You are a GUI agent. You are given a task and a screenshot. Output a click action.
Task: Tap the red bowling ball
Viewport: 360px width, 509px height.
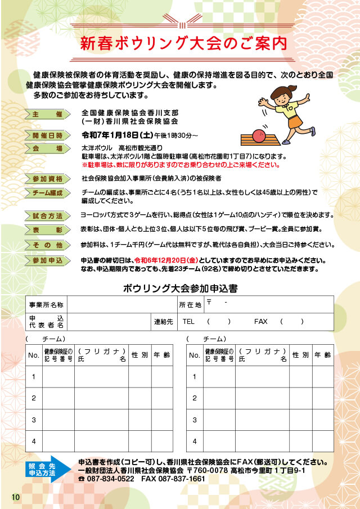point(259,136)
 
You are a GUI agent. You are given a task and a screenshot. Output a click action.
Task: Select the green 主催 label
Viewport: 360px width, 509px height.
point(47,114)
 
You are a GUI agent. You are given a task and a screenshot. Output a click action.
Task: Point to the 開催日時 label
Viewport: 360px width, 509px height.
point(47,135)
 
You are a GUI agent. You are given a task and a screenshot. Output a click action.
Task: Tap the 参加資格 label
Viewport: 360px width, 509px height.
point(47,178)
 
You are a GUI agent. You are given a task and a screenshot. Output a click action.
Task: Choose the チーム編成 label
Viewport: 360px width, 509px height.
point(47,193)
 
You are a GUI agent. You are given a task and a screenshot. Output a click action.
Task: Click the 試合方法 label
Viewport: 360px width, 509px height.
point(47,215)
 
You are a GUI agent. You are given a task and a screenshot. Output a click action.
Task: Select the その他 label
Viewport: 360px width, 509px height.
point(47,245)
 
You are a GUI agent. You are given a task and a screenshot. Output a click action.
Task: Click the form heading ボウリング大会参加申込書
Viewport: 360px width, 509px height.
point(180,289)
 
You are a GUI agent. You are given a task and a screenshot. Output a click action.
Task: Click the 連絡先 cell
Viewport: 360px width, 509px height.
point(164,322)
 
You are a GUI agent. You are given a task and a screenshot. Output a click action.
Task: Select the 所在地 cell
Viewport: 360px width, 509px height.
point(190,304)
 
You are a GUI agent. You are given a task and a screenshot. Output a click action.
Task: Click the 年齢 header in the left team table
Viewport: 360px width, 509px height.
point(162,355)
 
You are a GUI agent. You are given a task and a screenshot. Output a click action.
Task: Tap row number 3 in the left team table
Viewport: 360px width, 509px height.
point(34,420)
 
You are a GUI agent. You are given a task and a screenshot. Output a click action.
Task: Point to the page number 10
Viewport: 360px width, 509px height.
point(15,497)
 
